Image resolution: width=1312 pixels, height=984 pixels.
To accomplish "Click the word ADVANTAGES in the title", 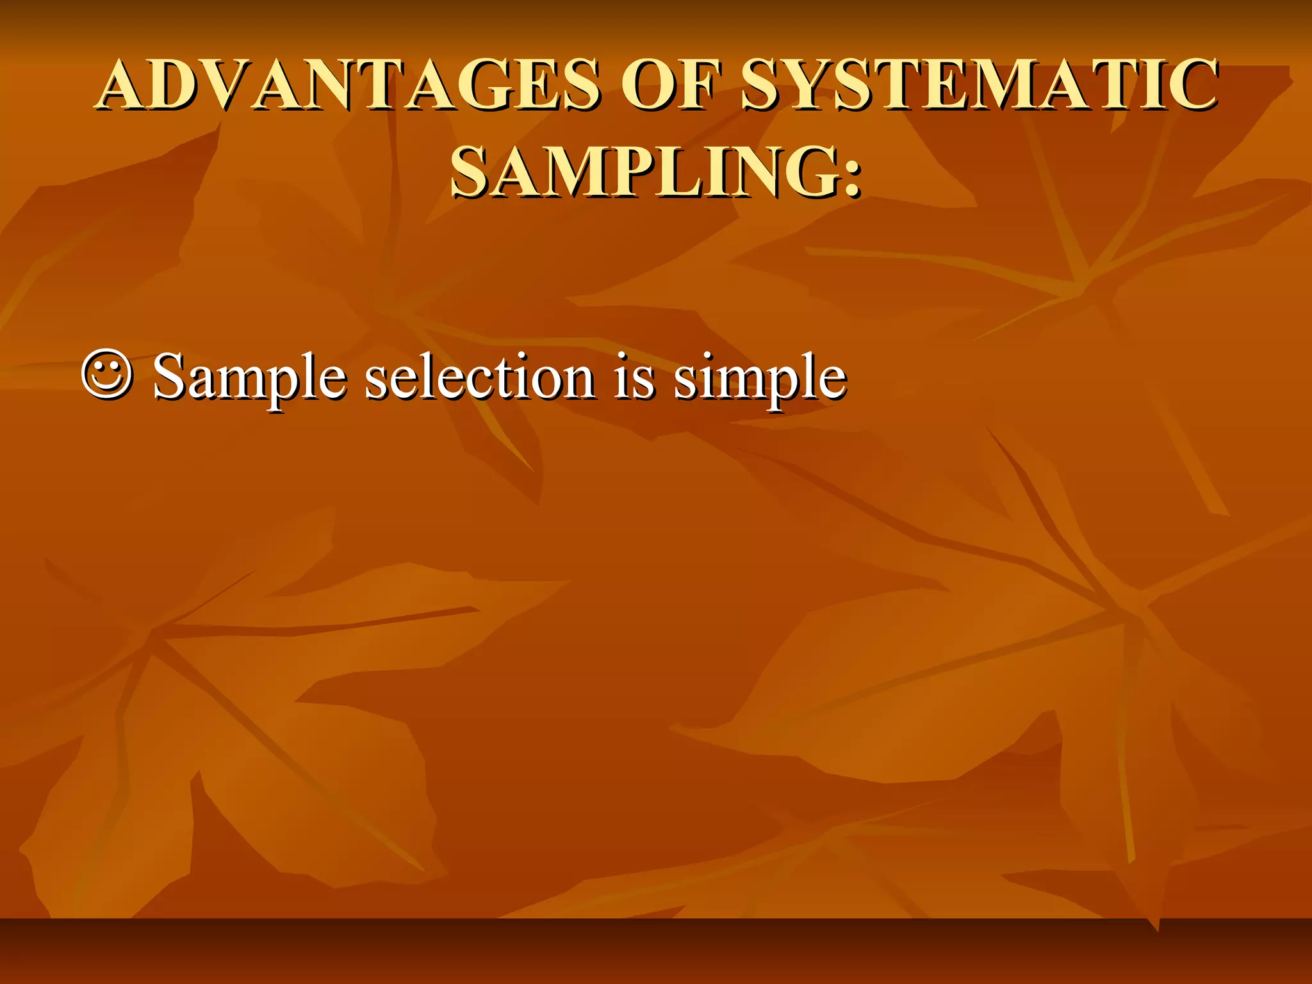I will tap(350, 85).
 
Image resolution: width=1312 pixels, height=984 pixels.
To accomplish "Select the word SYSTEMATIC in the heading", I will tap(979, 85).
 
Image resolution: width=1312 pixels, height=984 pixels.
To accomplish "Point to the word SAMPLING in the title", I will tap(641, 172).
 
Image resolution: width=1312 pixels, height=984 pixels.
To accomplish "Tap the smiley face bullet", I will tap(107, 375).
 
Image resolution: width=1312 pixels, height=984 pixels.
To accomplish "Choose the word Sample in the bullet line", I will tap(249, 378).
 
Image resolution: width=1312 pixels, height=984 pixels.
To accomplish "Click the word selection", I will tap(480, 378).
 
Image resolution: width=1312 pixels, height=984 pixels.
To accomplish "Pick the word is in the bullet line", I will tap(634, 378).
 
